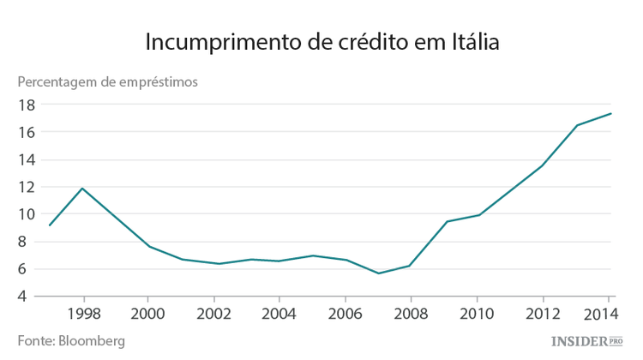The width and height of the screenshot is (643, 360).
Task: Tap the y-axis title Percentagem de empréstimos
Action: pyautogui.click(x=108, y=82)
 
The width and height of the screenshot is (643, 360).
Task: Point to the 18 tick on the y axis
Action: pyautogui.click(x=25, y=105)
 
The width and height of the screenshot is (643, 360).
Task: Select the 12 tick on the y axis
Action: pyautogui.click(x=25, y=187)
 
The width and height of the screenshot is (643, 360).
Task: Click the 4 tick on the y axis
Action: pyautogui.click(x=29, y=297)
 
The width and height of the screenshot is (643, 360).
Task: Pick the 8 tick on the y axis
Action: pyautogui.click(x=29, y=242)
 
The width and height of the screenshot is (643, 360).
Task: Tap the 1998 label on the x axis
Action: pyautogui.click(x=83, y=313)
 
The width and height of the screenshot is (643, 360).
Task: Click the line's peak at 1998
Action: pyautogui.click(x=82, y=188)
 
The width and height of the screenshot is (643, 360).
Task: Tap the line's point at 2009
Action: pyautogui.click(x=446, y=221)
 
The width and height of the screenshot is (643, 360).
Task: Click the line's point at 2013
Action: pyautogui.click(x=577, y=125)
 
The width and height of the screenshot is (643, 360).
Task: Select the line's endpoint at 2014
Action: pyautogui.click(x=610, y=113)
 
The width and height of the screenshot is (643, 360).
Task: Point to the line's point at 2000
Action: pyautogui.click(x=149, y=247)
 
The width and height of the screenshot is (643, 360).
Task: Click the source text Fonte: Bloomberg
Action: pyautogui.click(x=71, y=341)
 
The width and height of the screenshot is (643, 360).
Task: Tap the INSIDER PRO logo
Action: pyautogui.click(x=586, y=341)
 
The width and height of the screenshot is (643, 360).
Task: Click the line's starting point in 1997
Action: pyautogui.click(x=50, y=225)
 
